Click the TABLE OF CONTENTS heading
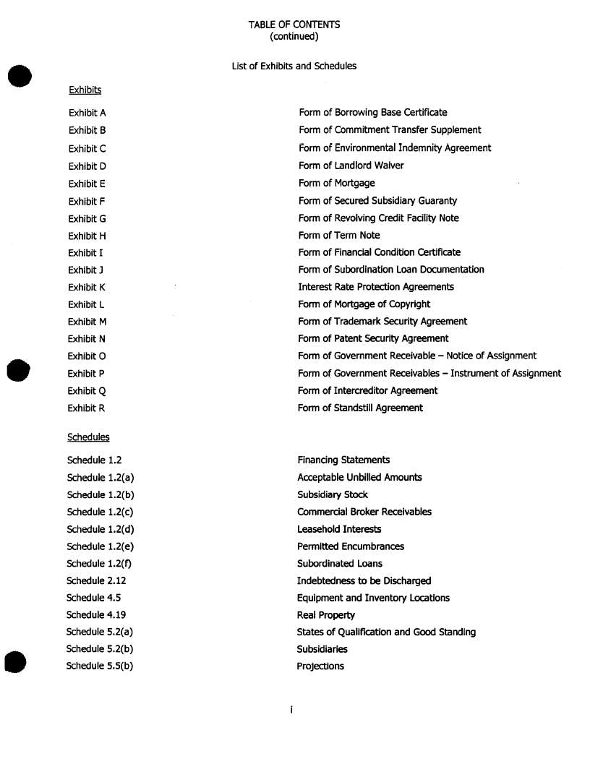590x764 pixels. tap(294, 25)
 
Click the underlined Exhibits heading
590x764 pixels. tap(85, 90)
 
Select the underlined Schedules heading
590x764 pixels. tap(88, 437)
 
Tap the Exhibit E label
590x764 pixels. tap(87, 184)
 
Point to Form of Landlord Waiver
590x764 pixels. tap(351, 166)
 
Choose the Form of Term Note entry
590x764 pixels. tap(338, 236)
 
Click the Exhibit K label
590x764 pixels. tap(87, 287)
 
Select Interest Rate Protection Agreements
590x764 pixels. tap(376, 287)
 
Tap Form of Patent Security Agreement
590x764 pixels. tap(373, 338)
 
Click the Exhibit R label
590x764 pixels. tap(86, 408)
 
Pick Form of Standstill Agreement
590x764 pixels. tap(360, 408)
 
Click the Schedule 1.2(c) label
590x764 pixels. tap(100, 512)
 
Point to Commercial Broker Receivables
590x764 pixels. tap(364, 512)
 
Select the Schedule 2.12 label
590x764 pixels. tap(96, 581)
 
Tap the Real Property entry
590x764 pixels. tap(325, 615)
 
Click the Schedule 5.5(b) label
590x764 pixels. tap(100, 666)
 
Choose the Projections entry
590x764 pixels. tap(320, 666)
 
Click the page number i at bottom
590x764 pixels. tap(291, 711)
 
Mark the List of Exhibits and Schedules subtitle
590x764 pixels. tap(294, 66)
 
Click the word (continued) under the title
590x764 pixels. tap(294, 36)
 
